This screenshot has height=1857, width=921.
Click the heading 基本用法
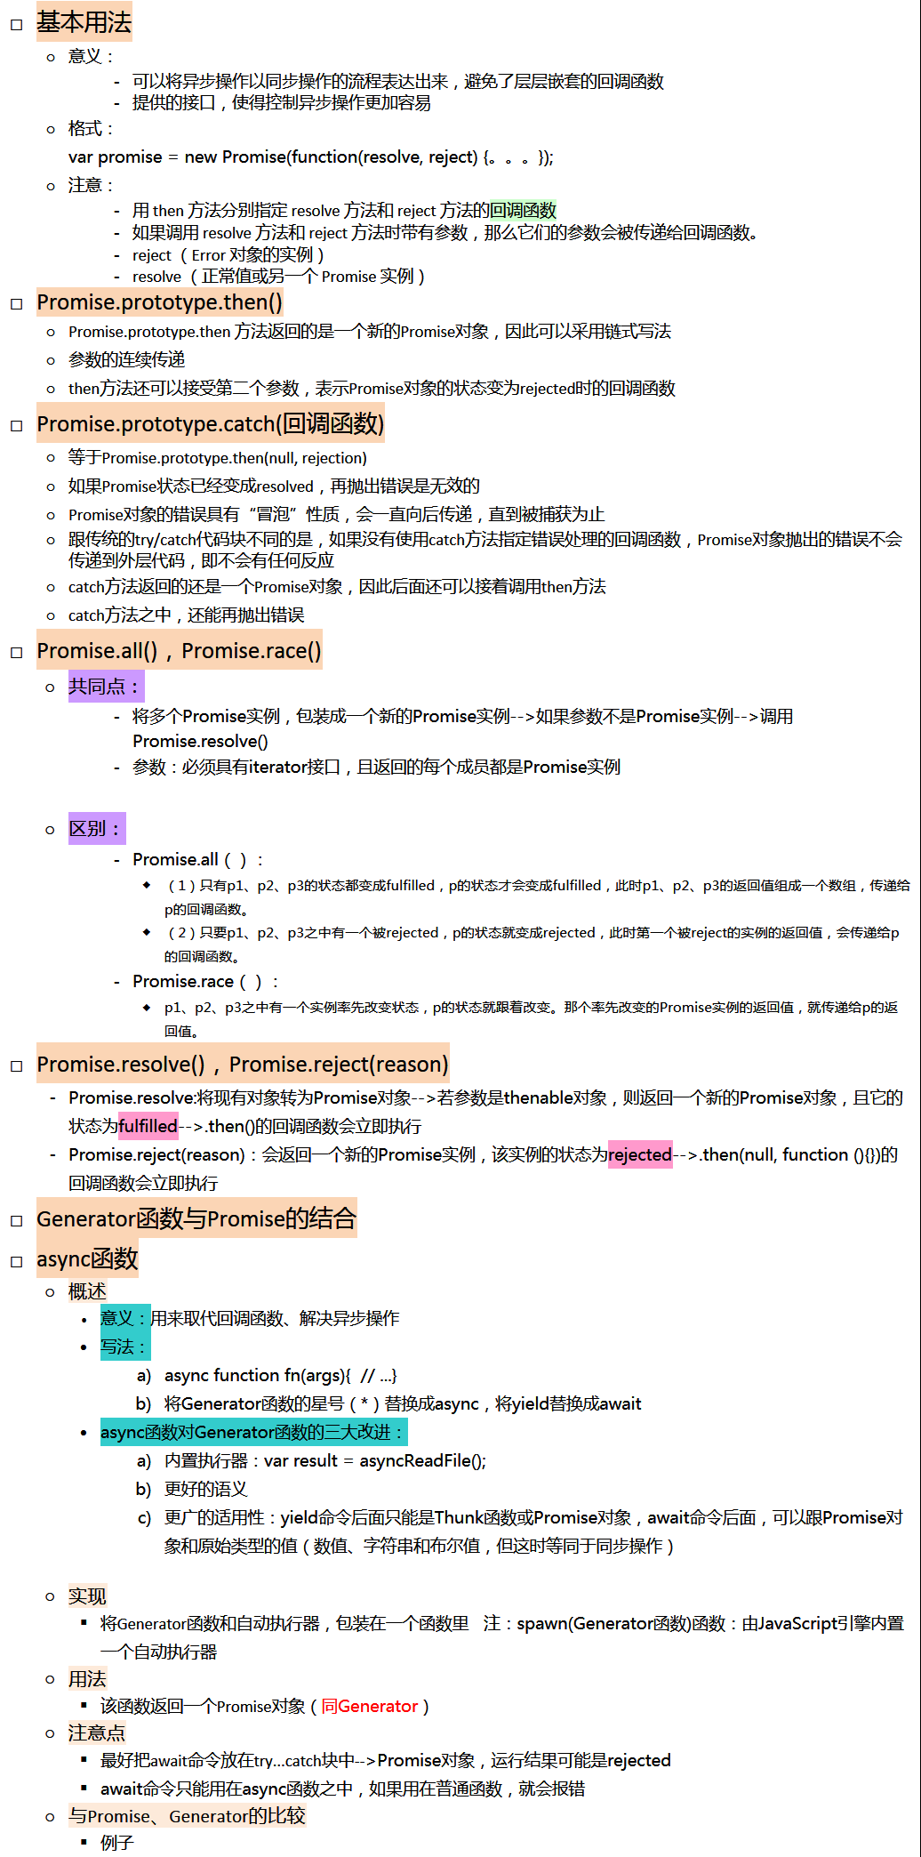(84, 22)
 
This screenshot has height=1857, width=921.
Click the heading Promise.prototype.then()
(159, 302)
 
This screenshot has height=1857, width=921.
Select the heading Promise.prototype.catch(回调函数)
(210, 424)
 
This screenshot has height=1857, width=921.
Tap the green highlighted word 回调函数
(523, 211)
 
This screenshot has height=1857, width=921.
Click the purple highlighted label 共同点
(104, 687)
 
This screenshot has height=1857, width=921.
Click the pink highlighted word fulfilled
(148, 1126)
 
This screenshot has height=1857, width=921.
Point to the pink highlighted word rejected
(639, 1154)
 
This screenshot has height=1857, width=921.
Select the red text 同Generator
(369, 1706)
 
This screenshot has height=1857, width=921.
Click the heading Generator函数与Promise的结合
(196, 1218)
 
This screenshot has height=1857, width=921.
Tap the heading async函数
(87, 1258)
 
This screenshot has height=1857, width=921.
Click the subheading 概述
(87, 1291)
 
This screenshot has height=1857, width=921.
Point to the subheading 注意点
(97, 1732)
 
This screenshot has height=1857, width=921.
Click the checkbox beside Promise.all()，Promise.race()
(16, 653)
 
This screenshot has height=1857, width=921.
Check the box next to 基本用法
(16, 25)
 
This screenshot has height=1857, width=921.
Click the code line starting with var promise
(310, 157)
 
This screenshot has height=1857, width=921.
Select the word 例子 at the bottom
(116, 1843)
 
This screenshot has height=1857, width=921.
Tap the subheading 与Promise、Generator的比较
(187, 1816)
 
